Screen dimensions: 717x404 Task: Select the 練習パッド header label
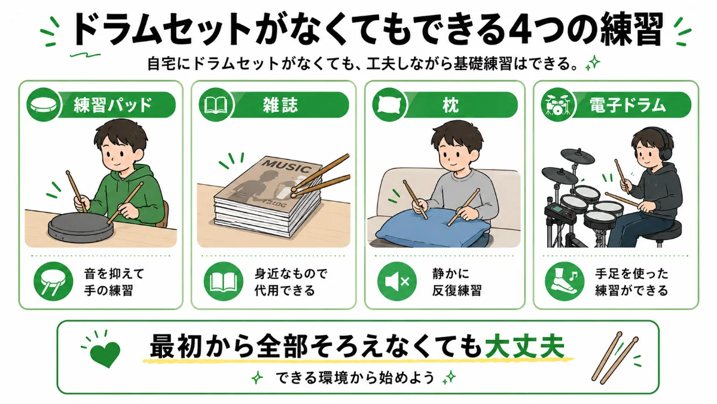[x=112, y=105]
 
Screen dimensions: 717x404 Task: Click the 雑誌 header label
[x=280, y=105]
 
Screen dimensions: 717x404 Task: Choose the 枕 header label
[x=450, y=105]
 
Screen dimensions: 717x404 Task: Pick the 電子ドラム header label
[x=627, y=105]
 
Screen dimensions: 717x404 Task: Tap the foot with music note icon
[x=565, y=281]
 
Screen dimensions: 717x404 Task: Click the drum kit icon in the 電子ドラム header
[x=557, y=105]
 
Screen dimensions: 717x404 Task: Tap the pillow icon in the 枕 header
[x=389, y=105]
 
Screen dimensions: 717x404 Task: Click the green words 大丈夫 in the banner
[x=525, y=347]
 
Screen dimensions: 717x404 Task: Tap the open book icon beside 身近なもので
[x=224, y=281]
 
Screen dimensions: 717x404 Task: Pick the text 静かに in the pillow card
[x=451, y=274]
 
